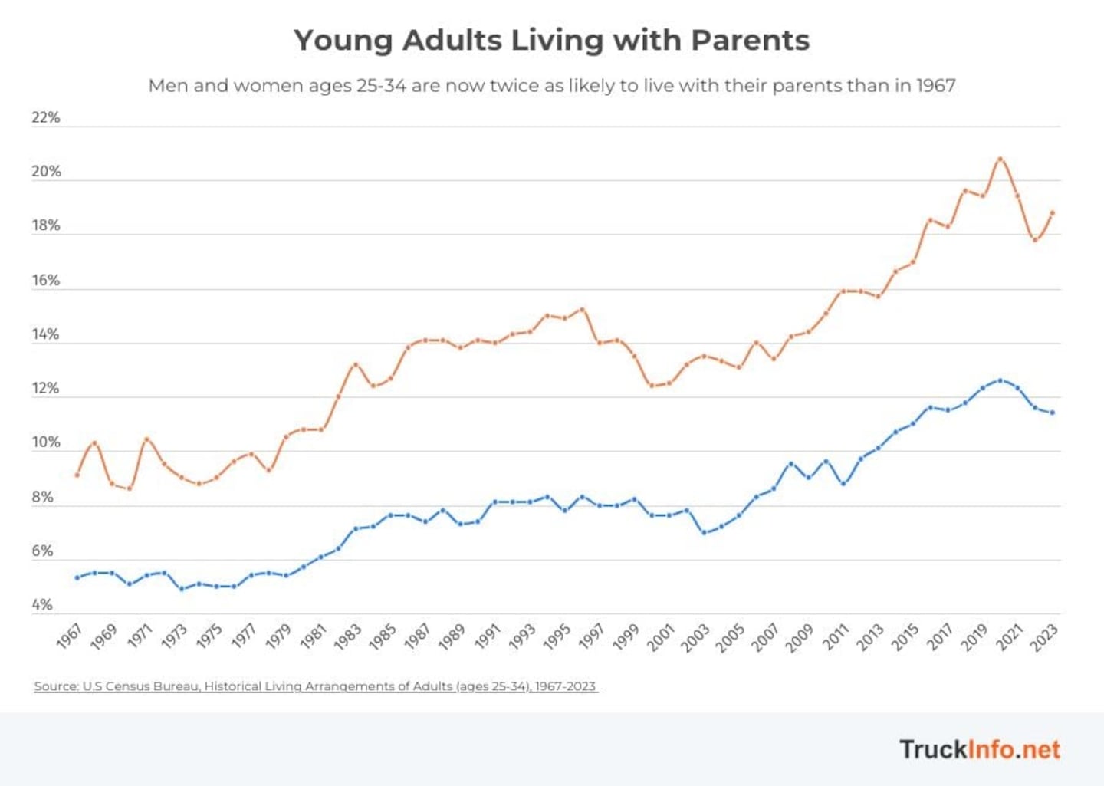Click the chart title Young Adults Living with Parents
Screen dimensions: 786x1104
tap(551, 41)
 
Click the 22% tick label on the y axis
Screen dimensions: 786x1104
tap(45, 117)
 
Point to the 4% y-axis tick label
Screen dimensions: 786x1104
tap(42, 605)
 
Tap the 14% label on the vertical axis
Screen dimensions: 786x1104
tap(45, 334)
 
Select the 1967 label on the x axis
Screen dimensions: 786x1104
tap(69, 636)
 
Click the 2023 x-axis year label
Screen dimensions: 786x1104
tap(1043, 637)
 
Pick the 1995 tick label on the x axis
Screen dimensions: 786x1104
tap(557, 637)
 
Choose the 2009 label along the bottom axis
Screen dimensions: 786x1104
tap(800, 637)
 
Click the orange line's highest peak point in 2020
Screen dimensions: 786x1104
tap(1000, 160)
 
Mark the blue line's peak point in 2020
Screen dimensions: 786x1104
tap(1000, 380)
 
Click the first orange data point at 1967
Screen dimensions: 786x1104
tap(77, 475)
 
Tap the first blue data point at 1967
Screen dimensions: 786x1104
tap(77, 577)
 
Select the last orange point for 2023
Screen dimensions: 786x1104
tap(1053, 213)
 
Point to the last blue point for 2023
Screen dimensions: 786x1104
tap(1053, 413)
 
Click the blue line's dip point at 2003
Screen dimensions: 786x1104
tap(704, 532)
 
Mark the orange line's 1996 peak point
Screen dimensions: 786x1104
tap(582, 310)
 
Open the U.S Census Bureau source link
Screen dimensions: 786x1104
tap(315, 686)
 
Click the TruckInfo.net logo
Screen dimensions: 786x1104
tap(980, 749)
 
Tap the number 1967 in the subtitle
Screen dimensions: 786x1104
tap(936, 86)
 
